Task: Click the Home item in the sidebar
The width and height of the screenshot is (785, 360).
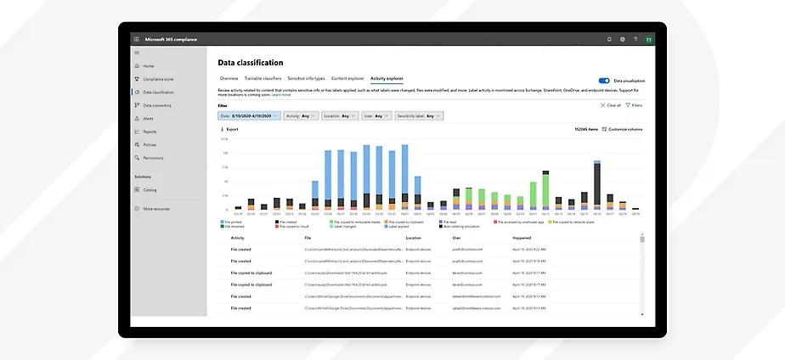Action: [149, 65]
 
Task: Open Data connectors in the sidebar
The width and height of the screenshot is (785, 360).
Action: [157, 105]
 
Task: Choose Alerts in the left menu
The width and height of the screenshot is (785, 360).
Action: [149, 119]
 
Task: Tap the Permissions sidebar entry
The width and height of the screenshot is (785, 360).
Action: [153, 158]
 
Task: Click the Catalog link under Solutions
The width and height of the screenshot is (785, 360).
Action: [150, 190]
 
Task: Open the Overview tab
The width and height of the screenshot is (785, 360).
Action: [229, 77]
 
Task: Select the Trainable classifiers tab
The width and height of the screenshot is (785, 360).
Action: [263, 77]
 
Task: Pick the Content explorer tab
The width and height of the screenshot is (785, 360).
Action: [347, 77]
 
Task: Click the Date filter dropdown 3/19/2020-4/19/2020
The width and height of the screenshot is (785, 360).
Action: [248, 115]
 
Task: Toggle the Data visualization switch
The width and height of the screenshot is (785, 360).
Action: [604, 80]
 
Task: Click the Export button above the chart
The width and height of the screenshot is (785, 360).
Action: [229, 129]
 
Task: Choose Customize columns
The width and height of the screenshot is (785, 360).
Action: [624, 129]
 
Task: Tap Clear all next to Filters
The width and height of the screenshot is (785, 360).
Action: [611, 105]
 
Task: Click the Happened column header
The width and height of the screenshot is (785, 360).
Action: [522, 239]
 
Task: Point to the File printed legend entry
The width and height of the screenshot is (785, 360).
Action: [234, 222]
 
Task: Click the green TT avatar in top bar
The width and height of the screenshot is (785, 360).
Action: [649, 39]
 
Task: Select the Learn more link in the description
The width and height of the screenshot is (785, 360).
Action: [280, 95]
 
